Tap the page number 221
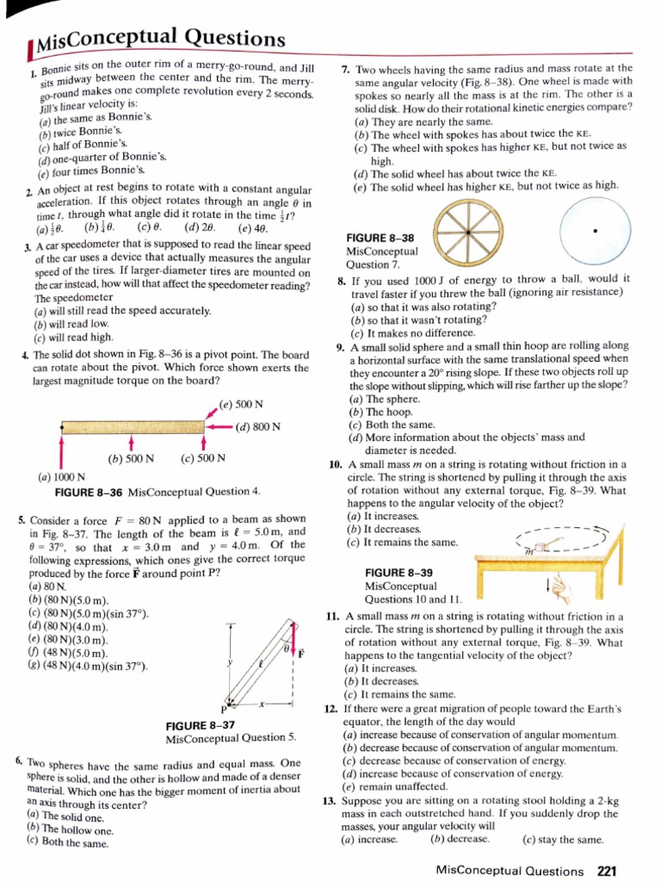[608, 869]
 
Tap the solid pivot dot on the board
[63, 426]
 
